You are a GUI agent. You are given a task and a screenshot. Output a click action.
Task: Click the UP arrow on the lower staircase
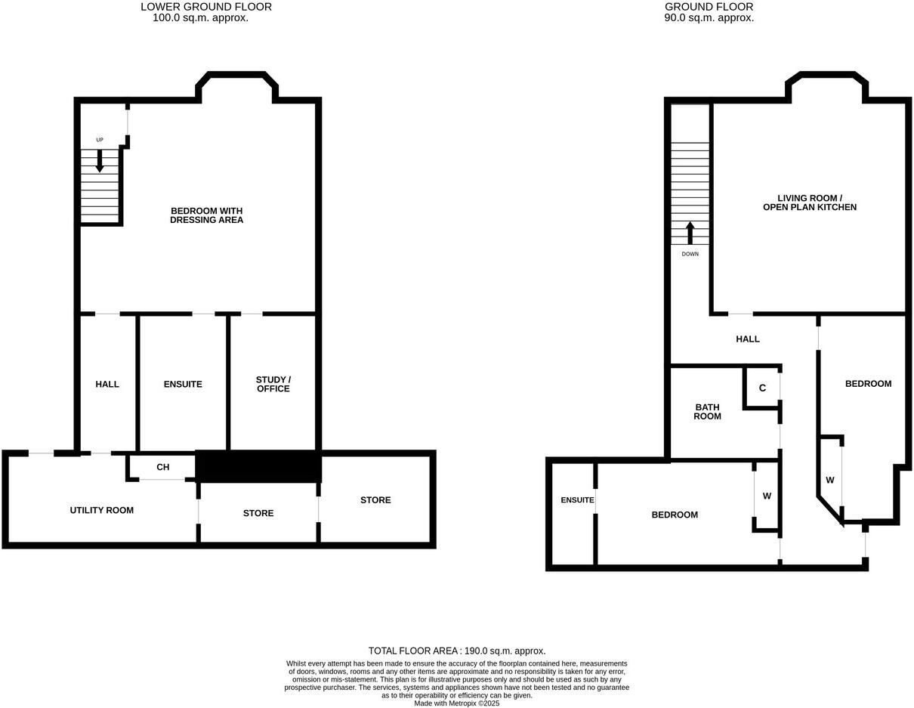pyautogui.click(x=100, y=160)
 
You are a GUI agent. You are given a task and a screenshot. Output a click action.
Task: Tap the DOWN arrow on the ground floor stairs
pyautogui.click(x=690, y=233)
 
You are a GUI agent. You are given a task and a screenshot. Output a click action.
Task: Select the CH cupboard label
pyautogui.click(x=162, y=468)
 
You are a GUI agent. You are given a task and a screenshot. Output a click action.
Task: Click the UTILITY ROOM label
pyautogui.click(x=102, y=510)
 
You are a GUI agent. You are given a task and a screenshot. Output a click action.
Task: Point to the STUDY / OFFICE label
pyautogui.click(x=273, y=384)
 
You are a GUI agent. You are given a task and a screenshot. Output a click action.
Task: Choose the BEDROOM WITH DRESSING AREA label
pyautogui.click(x=206, y=215)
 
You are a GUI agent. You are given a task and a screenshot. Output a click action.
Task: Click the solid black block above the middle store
pyautogui.click(x=258, y=466)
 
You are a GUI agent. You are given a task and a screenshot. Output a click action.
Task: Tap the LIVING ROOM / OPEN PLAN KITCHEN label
pyautogui.click(x=809, y=203)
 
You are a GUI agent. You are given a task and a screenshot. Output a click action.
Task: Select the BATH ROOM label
pyautogui.click(x=708, y=412)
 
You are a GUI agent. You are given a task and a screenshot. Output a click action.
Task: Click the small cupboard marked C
pyautogui.click(x=762, y=388)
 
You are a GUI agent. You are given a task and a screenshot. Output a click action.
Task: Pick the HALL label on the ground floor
pyautogui.click(x=748, y=339)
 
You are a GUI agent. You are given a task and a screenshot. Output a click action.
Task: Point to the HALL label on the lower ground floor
pyautogui.click(x=107, y=385)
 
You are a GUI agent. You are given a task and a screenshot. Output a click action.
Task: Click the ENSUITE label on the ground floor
pyautogui.click(x=577, y=500)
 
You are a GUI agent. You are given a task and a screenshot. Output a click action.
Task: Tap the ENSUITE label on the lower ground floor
pyautogui.click(x=183, y=385)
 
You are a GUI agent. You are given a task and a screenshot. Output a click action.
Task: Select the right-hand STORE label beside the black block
pyautogui.click(x=375, y=500)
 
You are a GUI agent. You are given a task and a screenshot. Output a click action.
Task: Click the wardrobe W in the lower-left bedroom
pyautogui.click(x=767, y=496)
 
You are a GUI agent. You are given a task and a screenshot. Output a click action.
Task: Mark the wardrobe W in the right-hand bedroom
pyautogui.click(x=829, y=480)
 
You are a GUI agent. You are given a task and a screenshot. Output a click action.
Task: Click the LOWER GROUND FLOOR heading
pyautogui.click(x=206, y=7)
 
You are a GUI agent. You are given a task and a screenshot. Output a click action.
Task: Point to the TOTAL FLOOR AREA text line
pyautogui.click(x=457, y=651)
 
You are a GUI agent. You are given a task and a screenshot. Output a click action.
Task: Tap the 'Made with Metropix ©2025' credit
pyautogui.click(x=457, y=703)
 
